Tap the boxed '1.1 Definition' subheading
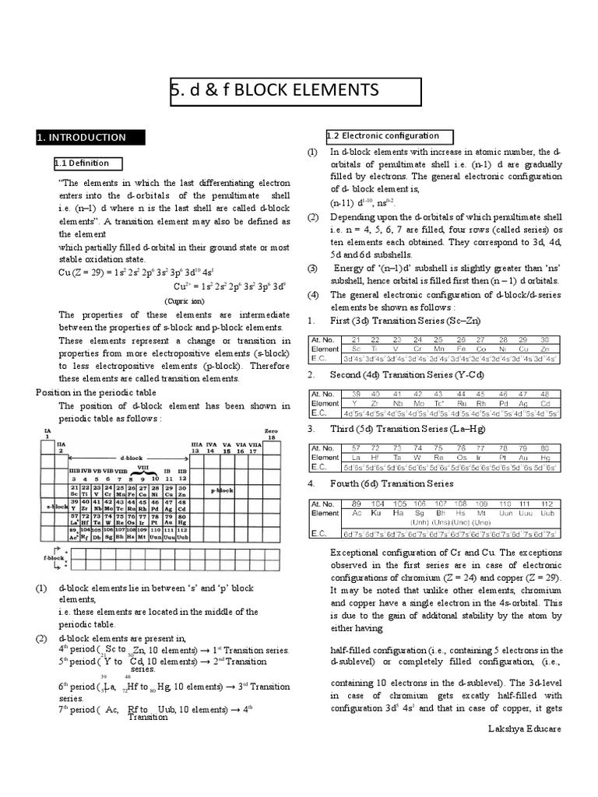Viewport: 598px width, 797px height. point(82,163)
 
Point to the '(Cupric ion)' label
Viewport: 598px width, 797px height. point(184,300)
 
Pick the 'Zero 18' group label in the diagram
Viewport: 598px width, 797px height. point(270,434)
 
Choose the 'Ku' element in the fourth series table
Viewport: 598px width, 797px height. point(377,514)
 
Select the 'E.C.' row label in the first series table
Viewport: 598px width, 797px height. point(318,359)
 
